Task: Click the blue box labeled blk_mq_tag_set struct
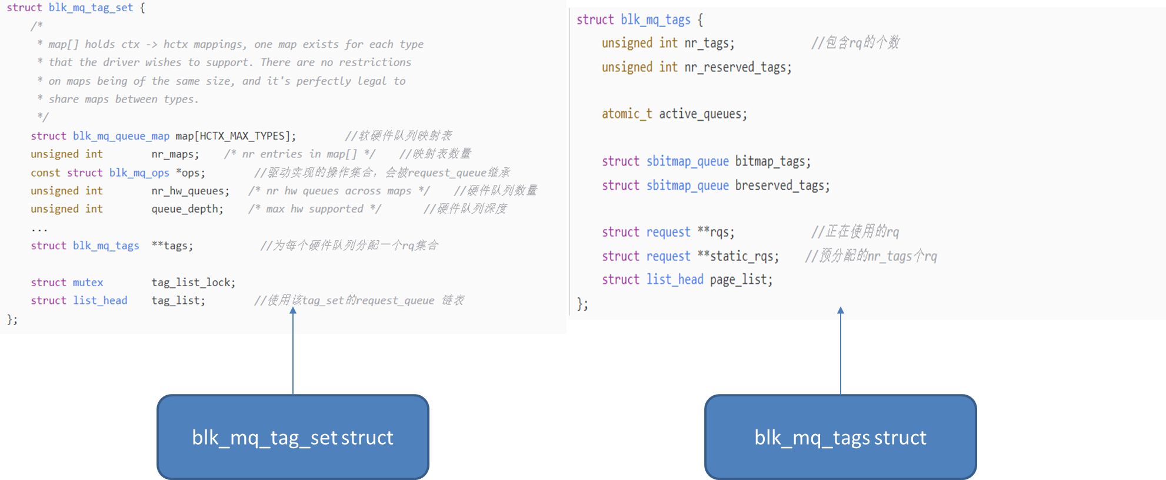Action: [x=293, y=436]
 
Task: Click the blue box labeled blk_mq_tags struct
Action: [x=840, y=436]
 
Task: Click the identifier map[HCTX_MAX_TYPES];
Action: [x=235, y=136]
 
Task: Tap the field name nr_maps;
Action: [x=175, y=154]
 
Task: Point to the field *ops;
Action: [x=191, y=173]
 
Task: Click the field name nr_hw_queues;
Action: [x=190, y=191]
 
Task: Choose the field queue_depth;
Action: [x=187, y=209]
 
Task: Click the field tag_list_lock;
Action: [x=193, y=283]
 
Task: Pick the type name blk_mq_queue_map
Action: [x=121, y=136]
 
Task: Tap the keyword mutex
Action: [x=88, y=283]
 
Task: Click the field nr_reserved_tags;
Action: [x=738, y=67]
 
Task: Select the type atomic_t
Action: [x=627, y=114]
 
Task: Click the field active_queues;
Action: [x=702, y=114]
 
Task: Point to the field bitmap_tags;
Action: [x=772, y=161]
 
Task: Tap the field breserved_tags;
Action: [x=782, y=186]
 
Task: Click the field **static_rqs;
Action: [x=738, y=256]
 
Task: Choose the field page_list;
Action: [x=741, y=280]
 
